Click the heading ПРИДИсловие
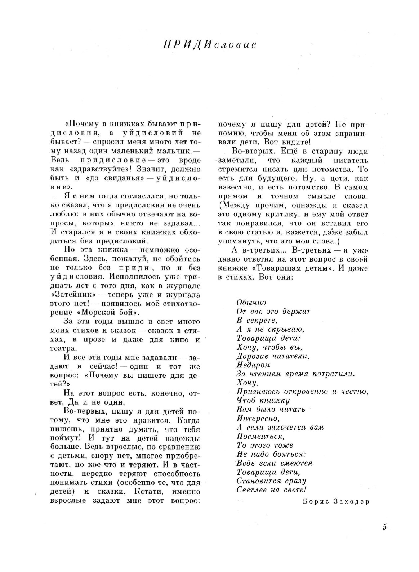pos(209,45)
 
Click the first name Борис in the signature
pos(315,502)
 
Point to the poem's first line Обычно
pos(251,303)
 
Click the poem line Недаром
pos(253,365)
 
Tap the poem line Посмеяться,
pos(260,437)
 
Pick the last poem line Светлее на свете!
pos(272,490)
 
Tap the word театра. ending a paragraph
pos(63,348)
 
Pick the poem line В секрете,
pos(257,320)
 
